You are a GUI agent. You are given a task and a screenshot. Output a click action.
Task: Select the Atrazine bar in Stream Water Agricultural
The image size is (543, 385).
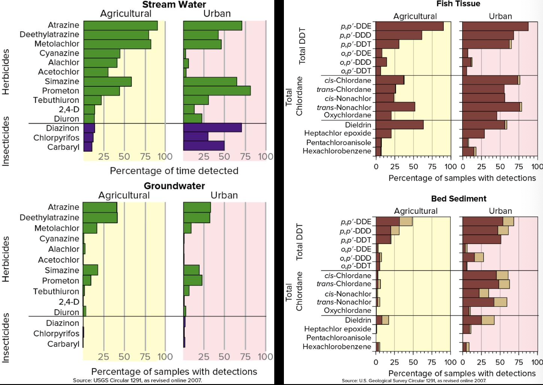(x=120, y=26)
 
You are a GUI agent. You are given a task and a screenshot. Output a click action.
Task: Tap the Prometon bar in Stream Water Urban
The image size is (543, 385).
(x=217, y=91)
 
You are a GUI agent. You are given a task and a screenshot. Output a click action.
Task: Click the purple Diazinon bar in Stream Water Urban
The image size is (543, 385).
(x=212, y=128)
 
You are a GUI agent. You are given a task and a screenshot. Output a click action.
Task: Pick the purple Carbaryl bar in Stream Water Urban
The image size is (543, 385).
(x=204, y=146)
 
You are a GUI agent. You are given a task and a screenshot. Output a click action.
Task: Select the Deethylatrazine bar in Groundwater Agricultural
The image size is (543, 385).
(x=100, y=217)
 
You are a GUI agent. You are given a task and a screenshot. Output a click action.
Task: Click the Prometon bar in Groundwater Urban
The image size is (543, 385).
(x=192, y=280)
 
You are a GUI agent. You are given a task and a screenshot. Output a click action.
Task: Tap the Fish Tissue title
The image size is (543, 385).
(x=458, y=4)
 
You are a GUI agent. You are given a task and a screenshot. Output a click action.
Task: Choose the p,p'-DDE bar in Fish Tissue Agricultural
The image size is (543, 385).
(x=410, y=26)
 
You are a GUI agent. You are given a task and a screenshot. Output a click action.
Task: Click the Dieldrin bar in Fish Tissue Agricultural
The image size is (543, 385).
(x=400, y=125)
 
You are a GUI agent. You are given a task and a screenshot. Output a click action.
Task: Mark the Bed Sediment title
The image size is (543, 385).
(x=458, y=199)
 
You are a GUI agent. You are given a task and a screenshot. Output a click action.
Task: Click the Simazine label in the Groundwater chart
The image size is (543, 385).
(x=62, y=270)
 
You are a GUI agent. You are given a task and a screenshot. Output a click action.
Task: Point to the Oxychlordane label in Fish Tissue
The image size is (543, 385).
(x=348, y=115)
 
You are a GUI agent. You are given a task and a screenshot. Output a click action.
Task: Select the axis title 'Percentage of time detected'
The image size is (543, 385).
(x=174, y=171)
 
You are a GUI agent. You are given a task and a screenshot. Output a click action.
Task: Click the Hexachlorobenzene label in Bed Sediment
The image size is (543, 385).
(x=337, y=346)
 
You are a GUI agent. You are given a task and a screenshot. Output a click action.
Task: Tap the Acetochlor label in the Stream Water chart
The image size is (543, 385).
(x=59, y=72)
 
